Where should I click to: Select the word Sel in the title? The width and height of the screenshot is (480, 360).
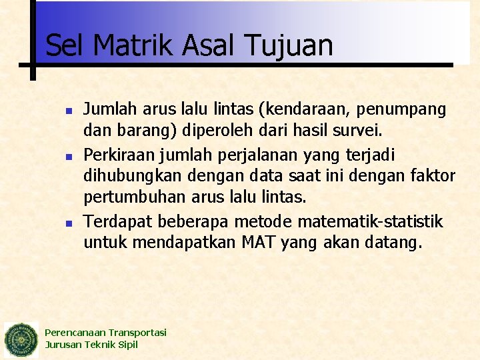(65, 45)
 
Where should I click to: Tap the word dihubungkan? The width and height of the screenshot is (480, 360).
(131, 177)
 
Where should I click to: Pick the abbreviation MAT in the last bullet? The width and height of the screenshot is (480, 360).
(260, 243)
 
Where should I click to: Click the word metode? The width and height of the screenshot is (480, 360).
(263, 221)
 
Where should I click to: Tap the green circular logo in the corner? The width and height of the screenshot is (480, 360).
(21, 340)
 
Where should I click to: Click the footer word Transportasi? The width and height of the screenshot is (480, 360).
(137, 333)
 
